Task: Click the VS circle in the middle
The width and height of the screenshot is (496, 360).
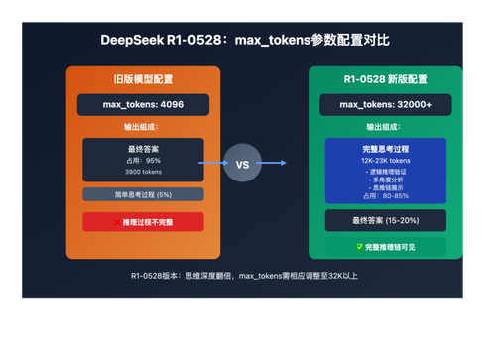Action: coord(243,163)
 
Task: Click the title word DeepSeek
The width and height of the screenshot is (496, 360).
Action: coord(138,41)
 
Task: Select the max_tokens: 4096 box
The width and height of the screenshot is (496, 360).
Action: coord(143,104)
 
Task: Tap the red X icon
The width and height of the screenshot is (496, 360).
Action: coord(115,222)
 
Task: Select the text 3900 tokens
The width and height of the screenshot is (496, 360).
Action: coord(142,171)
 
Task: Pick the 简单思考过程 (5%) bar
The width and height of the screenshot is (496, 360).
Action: coord(143,195)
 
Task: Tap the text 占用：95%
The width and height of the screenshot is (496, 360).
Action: coord(142,160)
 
